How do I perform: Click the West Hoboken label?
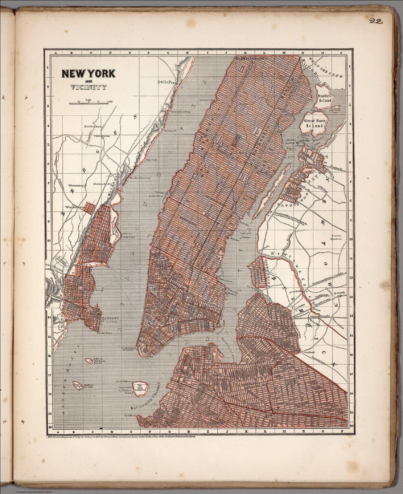click(76, 207)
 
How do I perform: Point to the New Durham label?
click(92, 127)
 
